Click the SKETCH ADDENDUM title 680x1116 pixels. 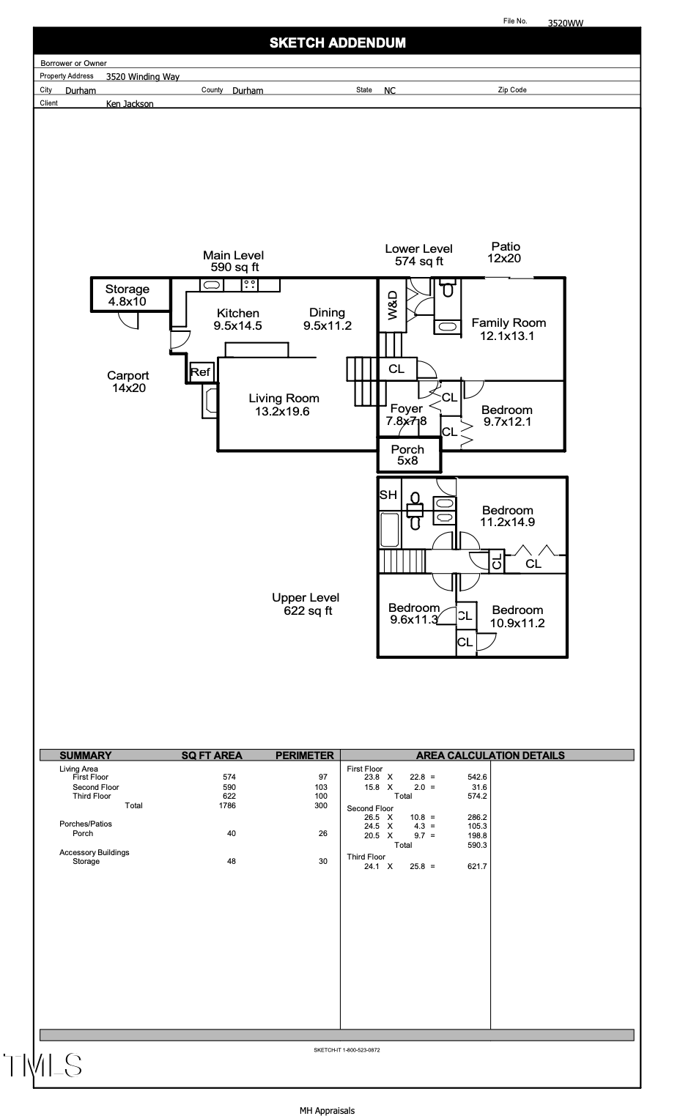337,43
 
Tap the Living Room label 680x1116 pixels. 284,404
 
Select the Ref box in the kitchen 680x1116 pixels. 200,372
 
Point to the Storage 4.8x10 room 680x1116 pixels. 127,295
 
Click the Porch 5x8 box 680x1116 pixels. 407,455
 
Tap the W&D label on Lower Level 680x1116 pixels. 392,305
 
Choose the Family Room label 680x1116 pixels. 509,329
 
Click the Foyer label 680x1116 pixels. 406,409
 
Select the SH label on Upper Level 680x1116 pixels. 388,495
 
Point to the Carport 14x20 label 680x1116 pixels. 128,382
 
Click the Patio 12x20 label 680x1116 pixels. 505,252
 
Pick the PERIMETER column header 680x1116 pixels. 304,755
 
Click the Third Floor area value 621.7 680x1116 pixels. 477,866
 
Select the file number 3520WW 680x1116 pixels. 566,23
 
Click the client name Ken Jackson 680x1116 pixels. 130,104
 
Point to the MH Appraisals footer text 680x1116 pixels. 327,1111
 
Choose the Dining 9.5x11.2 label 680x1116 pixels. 328,319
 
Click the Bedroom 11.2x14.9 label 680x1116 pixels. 507,517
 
